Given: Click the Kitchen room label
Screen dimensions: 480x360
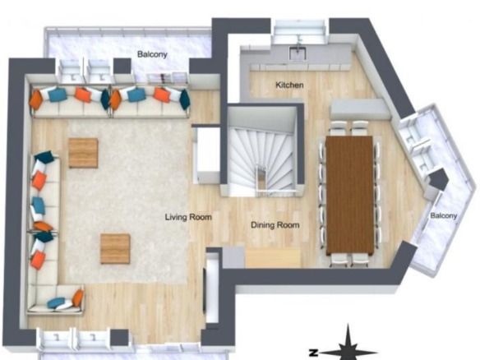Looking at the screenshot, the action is tap(289, 85).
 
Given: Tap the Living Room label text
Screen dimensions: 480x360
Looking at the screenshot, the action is tap(188, 217).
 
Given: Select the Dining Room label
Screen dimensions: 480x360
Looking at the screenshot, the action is tap(275, 225).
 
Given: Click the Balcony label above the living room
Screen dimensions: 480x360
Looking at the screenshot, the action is tap(152, 54).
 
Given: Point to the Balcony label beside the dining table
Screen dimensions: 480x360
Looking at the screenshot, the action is tap(444, 215).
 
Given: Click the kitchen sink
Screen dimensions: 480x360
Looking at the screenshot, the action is tap(298, 53).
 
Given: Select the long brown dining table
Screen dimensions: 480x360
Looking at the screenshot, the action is tap(349, 196).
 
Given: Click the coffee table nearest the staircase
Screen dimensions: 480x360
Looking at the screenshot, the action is tap(115, 249).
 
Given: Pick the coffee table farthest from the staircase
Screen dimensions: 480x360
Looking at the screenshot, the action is tap(83, 153).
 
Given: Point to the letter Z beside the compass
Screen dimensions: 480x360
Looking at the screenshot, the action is tap(312, 353).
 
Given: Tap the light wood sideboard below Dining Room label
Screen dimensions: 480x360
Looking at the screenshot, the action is tap(273, 258).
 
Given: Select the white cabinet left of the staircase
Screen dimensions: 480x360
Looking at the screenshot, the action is tap(207, 155).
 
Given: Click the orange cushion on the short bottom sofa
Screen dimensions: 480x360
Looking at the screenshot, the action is tap(78, 298).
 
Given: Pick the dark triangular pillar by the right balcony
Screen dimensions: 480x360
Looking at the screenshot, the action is tap(438, 179).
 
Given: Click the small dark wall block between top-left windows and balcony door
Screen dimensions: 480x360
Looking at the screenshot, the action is tap(122, 66).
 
